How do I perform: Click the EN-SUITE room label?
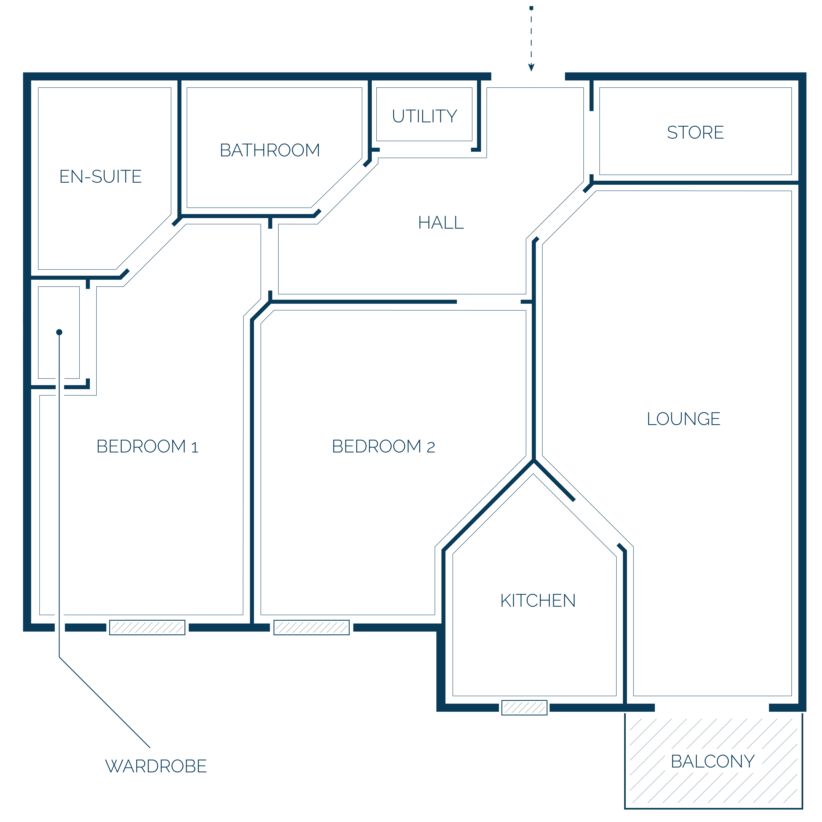click(100, 177)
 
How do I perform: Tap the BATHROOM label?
click(270, 150)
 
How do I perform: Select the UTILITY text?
click(425, 116)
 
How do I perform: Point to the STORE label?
click(695, 132)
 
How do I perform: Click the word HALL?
click(441, 222)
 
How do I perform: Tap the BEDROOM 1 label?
click(147, 446)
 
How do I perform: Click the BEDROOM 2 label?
click(383, 446)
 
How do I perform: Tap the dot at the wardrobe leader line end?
click(59, 332)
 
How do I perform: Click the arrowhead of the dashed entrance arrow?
click(531, 67)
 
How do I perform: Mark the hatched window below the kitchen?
click(524, 708)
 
